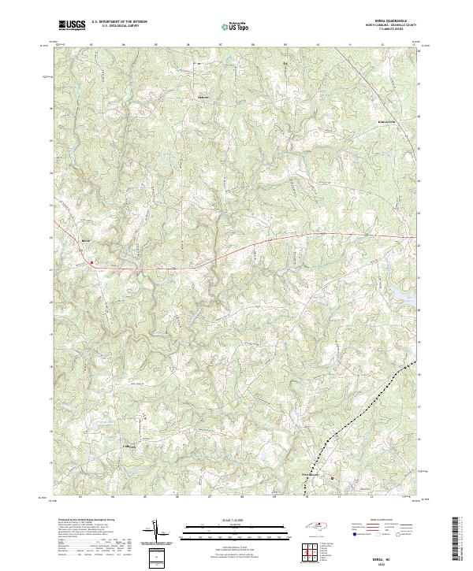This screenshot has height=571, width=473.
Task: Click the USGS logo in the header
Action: [x=73, y=24]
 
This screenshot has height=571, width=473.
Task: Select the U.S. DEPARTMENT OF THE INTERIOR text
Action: [x=118, y=21]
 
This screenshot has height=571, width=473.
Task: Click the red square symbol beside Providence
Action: [x=333, y=477]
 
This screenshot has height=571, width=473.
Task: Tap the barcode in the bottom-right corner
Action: [x=462, y=543]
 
